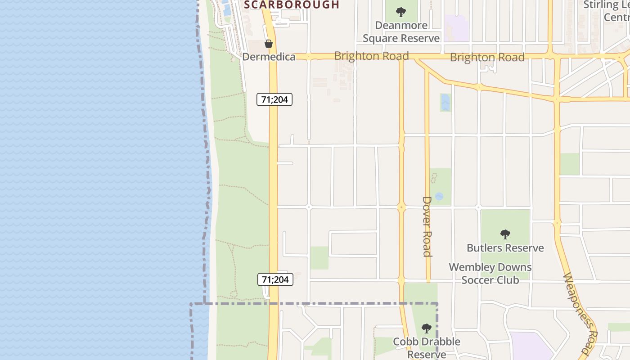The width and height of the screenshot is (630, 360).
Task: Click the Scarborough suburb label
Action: [x=291, y=5]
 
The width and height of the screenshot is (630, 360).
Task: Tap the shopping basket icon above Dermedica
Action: [x=269, y=44]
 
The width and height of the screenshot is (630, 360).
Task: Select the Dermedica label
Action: [x=269, y=57]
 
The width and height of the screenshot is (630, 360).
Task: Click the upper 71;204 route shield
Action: [x=274, y=99]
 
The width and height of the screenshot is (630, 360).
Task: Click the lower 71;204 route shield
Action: [x=275, y=279]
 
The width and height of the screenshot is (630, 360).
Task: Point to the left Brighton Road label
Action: [x=371, y=56]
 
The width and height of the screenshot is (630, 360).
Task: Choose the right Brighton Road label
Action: [x=487, y=57]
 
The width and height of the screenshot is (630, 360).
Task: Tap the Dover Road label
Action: [x=427, y=226]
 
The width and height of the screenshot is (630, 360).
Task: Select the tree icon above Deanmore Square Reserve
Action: [x=401, y=12]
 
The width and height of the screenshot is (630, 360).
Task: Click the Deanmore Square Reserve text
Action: [x=401, y=32]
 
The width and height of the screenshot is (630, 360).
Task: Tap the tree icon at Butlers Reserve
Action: [x=505, y=234]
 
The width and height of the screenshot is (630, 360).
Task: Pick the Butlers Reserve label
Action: [x=505, y=248]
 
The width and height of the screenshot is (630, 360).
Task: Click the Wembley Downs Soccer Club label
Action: [x=490, y=273]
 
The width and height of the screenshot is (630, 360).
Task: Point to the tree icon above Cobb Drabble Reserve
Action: [x=426, y=328]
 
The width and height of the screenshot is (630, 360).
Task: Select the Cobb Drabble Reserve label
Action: [x=426, y=348]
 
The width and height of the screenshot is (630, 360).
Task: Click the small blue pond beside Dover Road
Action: [x=439, y=197]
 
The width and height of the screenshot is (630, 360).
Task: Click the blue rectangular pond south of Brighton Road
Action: [x=445, y=103]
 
